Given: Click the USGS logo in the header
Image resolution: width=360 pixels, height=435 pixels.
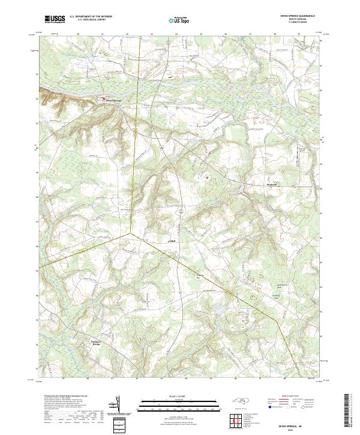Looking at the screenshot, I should click(x=55, y=19).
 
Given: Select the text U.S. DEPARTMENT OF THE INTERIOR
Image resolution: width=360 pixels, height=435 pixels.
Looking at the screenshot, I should click(x=91, y=17).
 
